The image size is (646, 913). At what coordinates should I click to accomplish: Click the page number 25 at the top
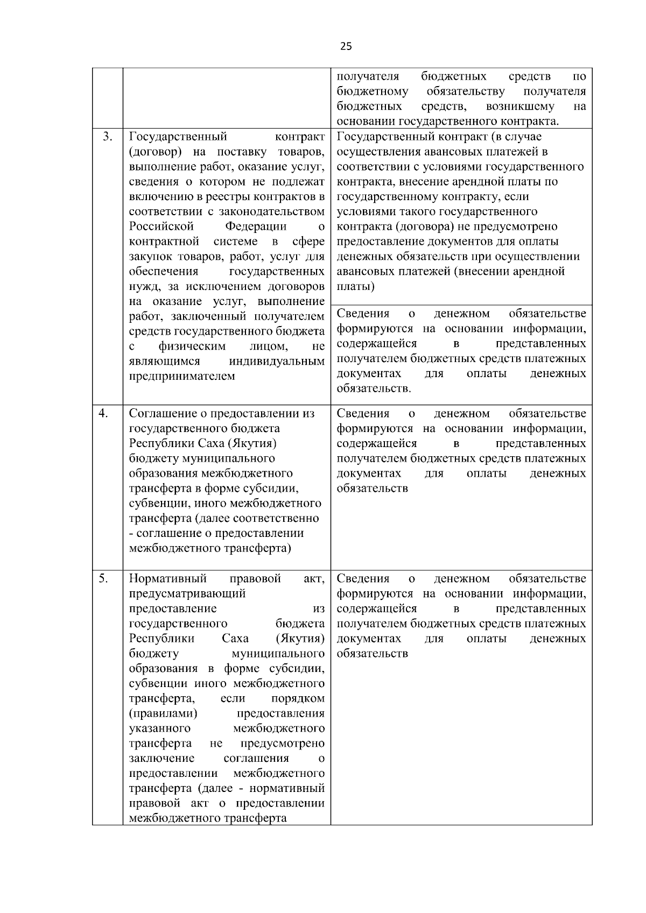[x=346, y=46]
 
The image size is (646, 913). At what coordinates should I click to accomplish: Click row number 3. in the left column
[x=107, y=137]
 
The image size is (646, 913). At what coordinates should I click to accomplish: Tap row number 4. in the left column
[x=103, y=413]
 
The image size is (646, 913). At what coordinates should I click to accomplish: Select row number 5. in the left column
[x=103, y=578]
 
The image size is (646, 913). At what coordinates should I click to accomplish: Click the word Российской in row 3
[x=161, y=227]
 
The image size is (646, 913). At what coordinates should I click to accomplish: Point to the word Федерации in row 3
[x=256, y=227]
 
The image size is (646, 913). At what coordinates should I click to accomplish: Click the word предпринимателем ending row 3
[x=182, y=376]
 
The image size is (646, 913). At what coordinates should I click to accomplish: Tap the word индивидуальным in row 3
[x=277, y=361]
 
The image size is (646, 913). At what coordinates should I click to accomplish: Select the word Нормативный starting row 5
[x=168, y=579]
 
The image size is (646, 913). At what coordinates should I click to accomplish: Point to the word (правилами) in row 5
[x=163, y=713]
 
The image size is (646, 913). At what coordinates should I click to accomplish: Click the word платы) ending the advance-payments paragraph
[x=356, y=286]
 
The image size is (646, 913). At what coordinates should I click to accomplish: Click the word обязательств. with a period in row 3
[x=374, y=388]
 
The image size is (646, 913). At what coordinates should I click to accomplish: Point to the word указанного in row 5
[x=160, y=728]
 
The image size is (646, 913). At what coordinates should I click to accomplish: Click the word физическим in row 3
[x=192, y=346]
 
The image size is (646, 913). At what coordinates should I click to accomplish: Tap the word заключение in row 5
[x=161, y=758]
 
